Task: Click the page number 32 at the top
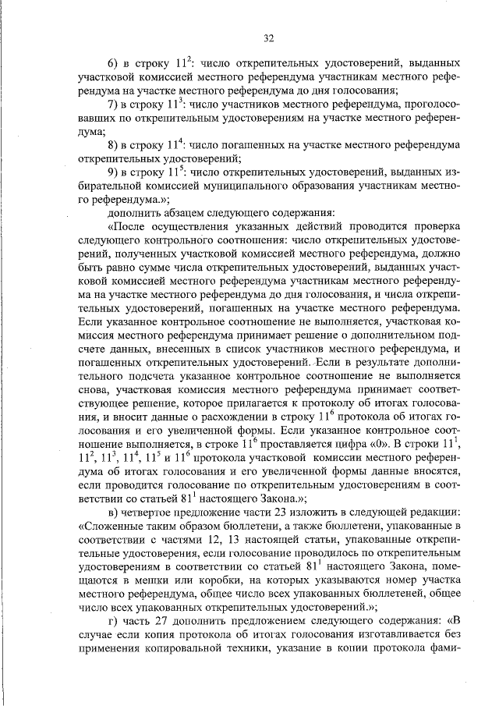click(x=268, y=37)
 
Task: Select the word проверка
click(x=432, y=227)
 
